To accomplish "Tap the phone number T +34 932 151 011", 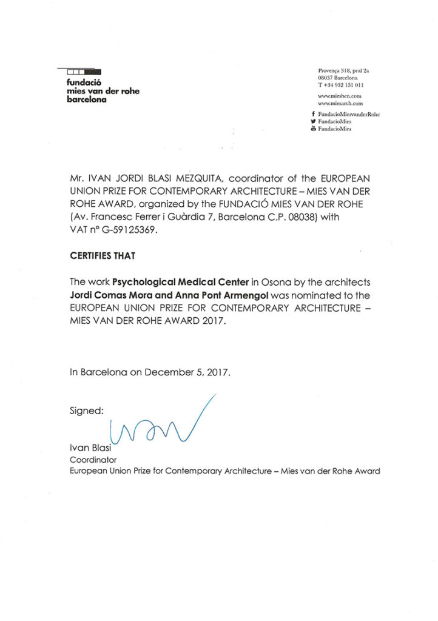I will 340,85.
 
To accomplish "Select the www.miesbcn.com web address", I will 339,96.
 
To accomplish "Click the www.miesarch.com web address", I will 340,103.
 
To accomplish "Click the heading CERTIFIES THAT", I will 103,256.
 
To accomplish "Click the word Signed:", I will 87,410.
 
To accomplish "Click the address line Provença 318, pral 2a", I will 343,70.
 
